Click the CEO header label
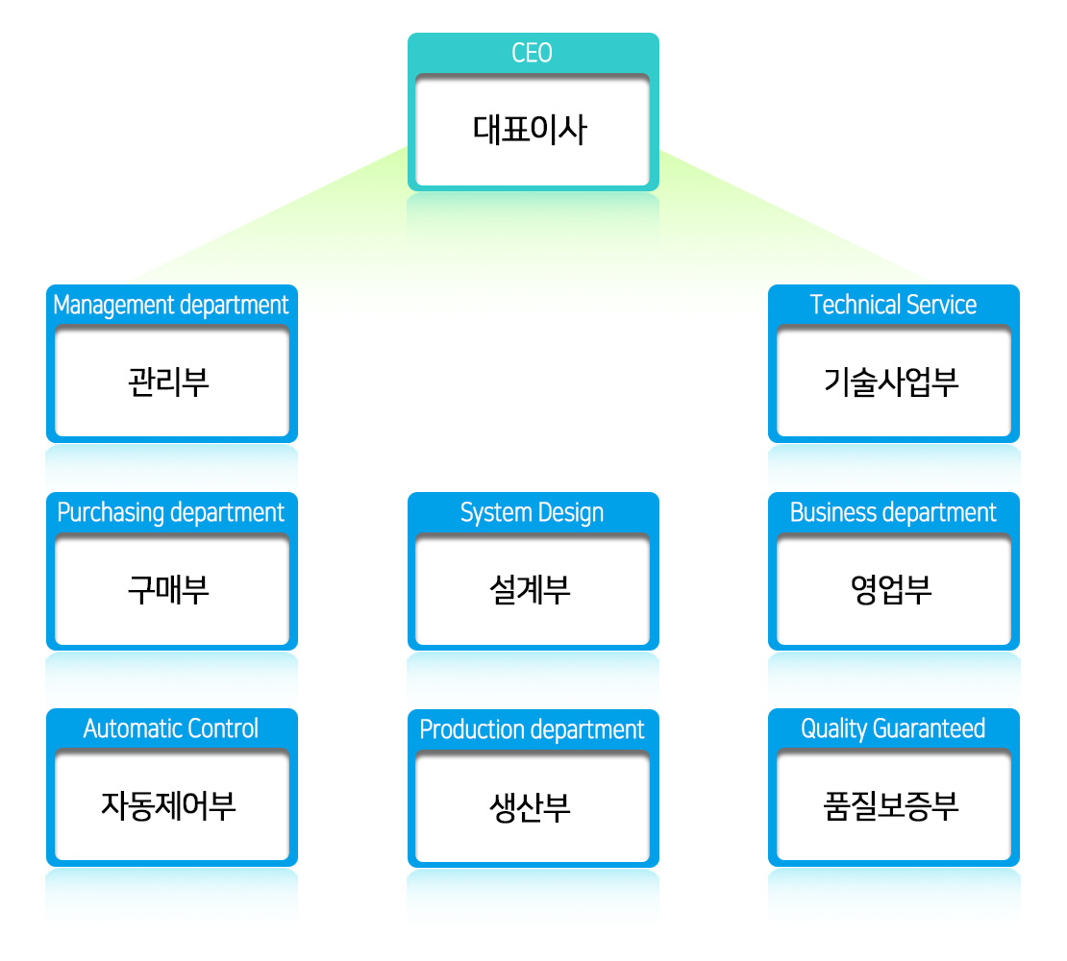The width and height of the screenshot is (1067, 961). tap(532, 53)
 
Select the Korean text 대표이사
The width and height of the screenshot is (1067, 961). tap(530, 129)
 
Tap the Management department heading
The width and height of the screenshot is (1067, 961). tap(171, 306)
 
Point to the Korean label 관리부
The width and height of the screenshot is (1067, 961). tap(168, 382)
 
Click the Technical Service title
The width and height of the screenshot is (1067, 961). tap(893, 305)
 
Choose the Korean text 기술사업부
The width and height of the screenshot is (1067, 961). tap(891, 382)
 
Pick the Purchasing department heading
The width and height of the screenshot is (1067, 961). tap(171, 513)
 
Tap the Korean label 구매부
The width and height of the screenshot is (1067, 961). tap(168, 589)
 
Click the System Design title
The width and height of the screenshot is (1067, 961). tap(532, 513)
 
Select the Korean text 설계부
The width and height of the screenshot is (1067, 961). tap(530, 589)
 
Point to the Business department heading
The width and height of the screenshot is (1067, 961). tap(893, 512)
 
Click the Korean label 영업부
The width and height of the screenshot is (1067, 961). tap(891, 589)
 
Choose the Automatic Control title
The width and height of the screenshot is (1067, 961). tap(171, 728)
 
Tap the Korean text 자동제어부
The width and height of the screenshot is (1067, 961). tap(168, 806)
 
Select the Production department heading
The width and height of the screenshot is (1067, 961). tap(532, 729)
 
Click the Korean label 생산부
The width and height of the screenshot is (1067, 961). tap(530, 807)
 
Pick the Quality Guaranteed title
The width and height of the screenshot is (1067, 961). tap(893, 729)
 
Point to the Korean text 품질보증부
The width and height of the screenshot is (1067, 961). tap(891, 806)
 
